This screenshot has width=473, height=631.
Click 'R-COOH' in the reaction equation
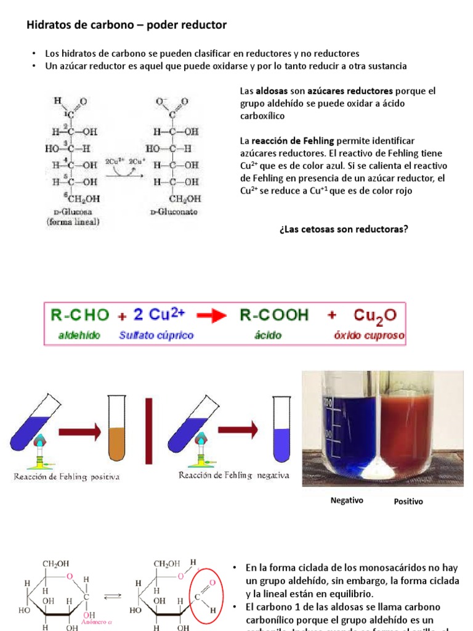pyautogui.click(x=274, y=315)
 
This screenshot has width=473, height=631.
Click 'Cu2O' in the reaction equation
pyautogui.click(x=375, y=315)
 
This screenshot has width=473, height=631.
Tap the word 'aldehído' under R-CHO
pyautogui.click(x=76, y=336)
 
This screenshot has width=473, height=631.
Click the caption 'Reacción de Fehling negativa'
pyautogui.click(x=233, y=476)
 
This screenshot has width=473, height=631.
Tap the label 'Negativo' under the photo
pyautogui.click(x=347, y=500)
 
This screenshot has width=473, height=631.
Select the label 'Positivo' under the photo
pyautogui.click(x=408, y=502)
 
